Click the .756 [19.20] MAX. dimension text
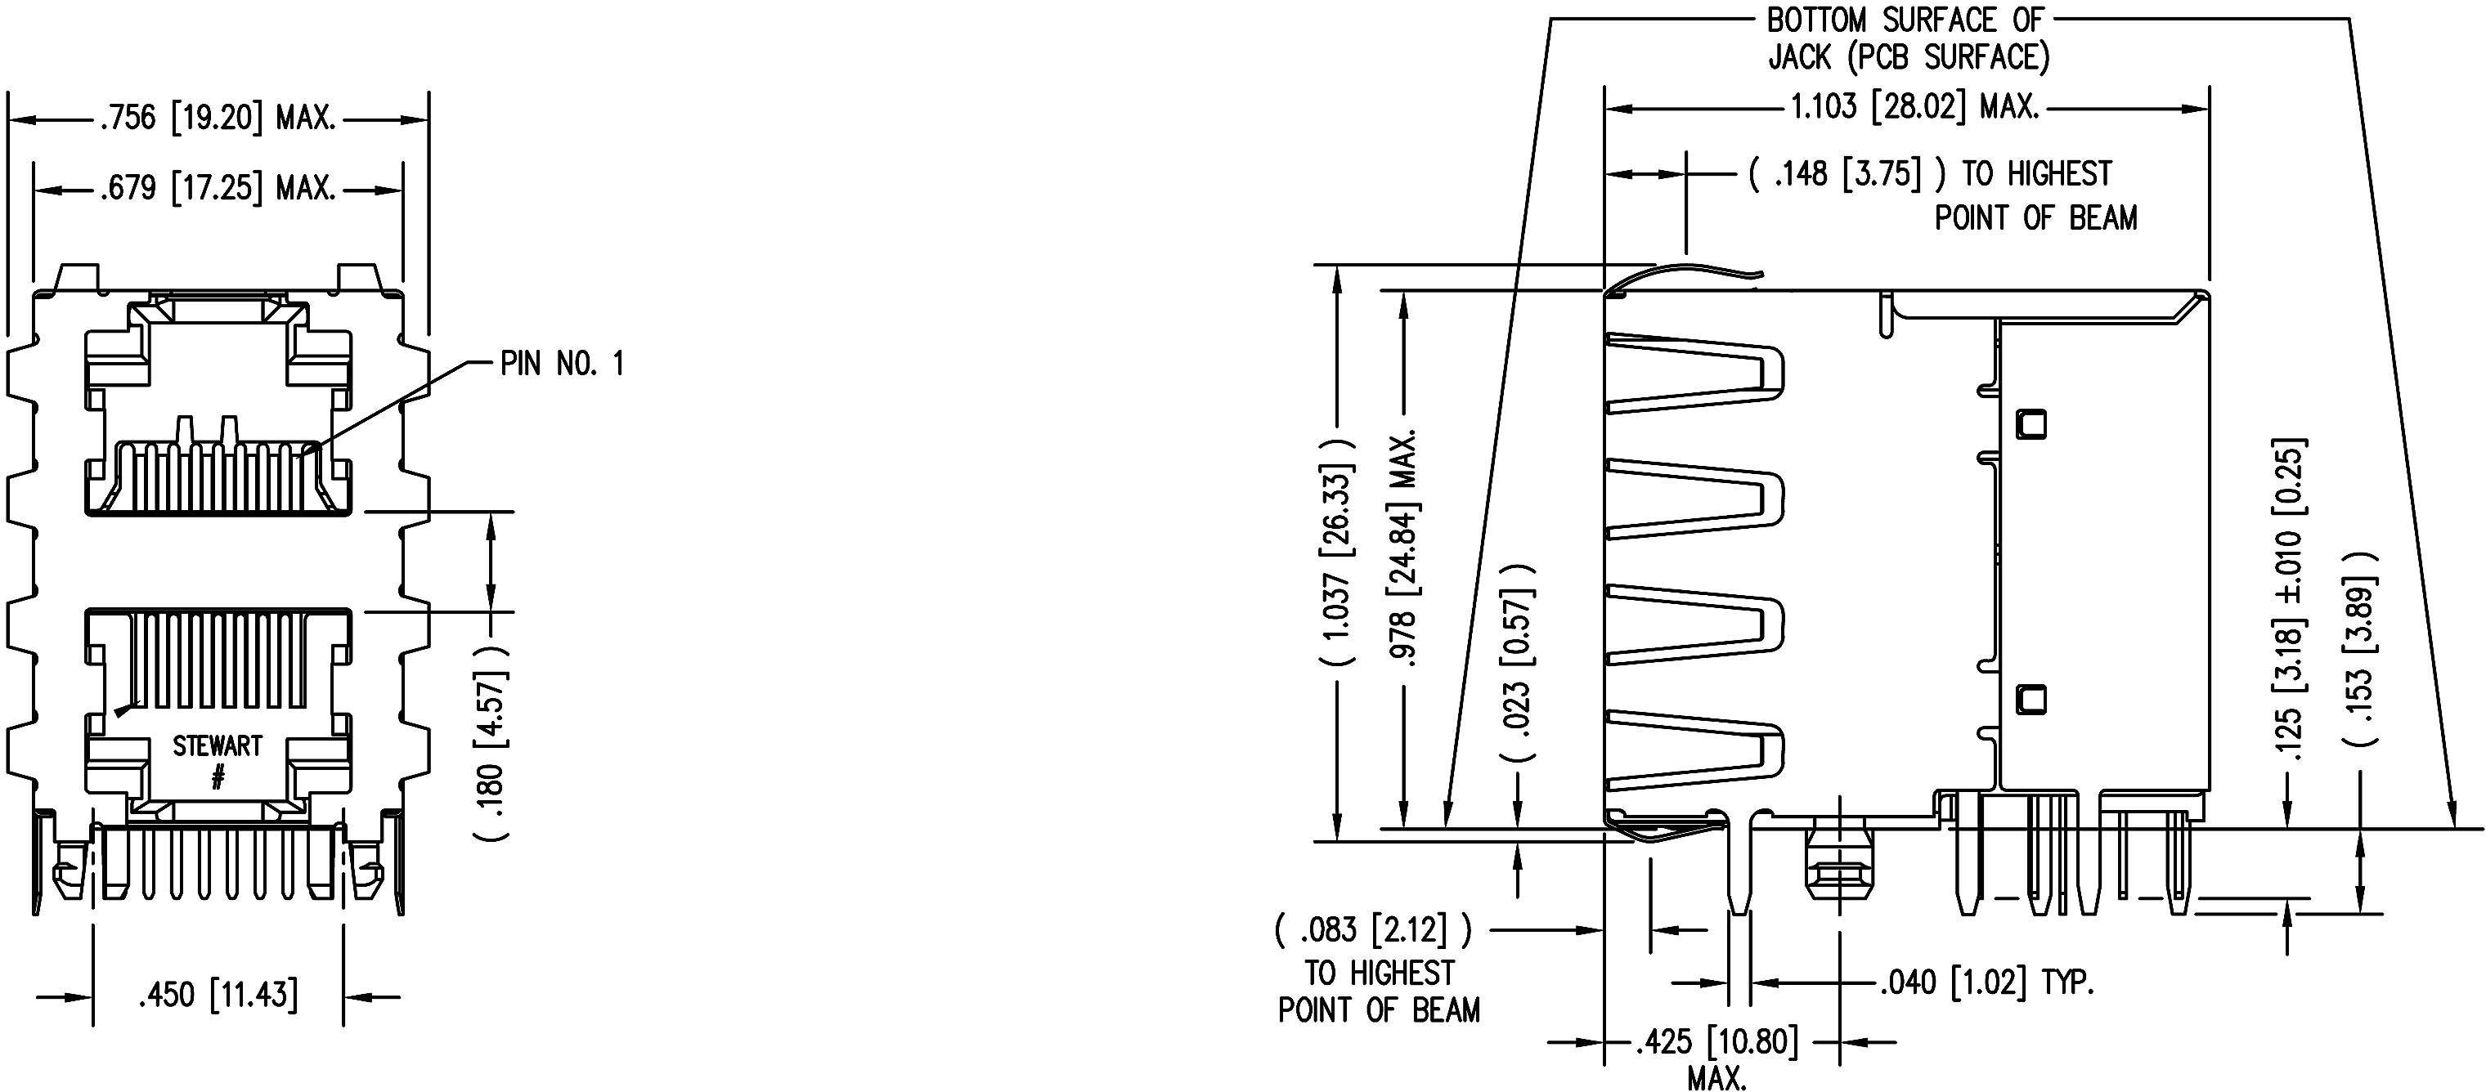point(218,119)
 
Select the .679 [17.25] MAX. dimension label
point(218,188)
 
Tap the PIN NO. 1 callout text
point(562,364)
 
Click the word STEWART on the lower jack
point(218,745)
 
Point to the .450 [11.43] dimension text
point(218,995)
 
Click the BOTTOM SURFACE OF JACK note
point(1908,38)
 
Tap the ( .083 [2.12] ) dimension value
point(1373,930)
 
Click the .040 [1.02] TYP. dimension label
point(1987,984)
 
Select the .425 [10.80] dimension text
point(1716,1043)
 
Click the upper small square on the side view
point(2031,423)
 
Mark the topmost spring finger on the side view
point(1694,373)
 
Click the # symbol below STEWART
point(218,776)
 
